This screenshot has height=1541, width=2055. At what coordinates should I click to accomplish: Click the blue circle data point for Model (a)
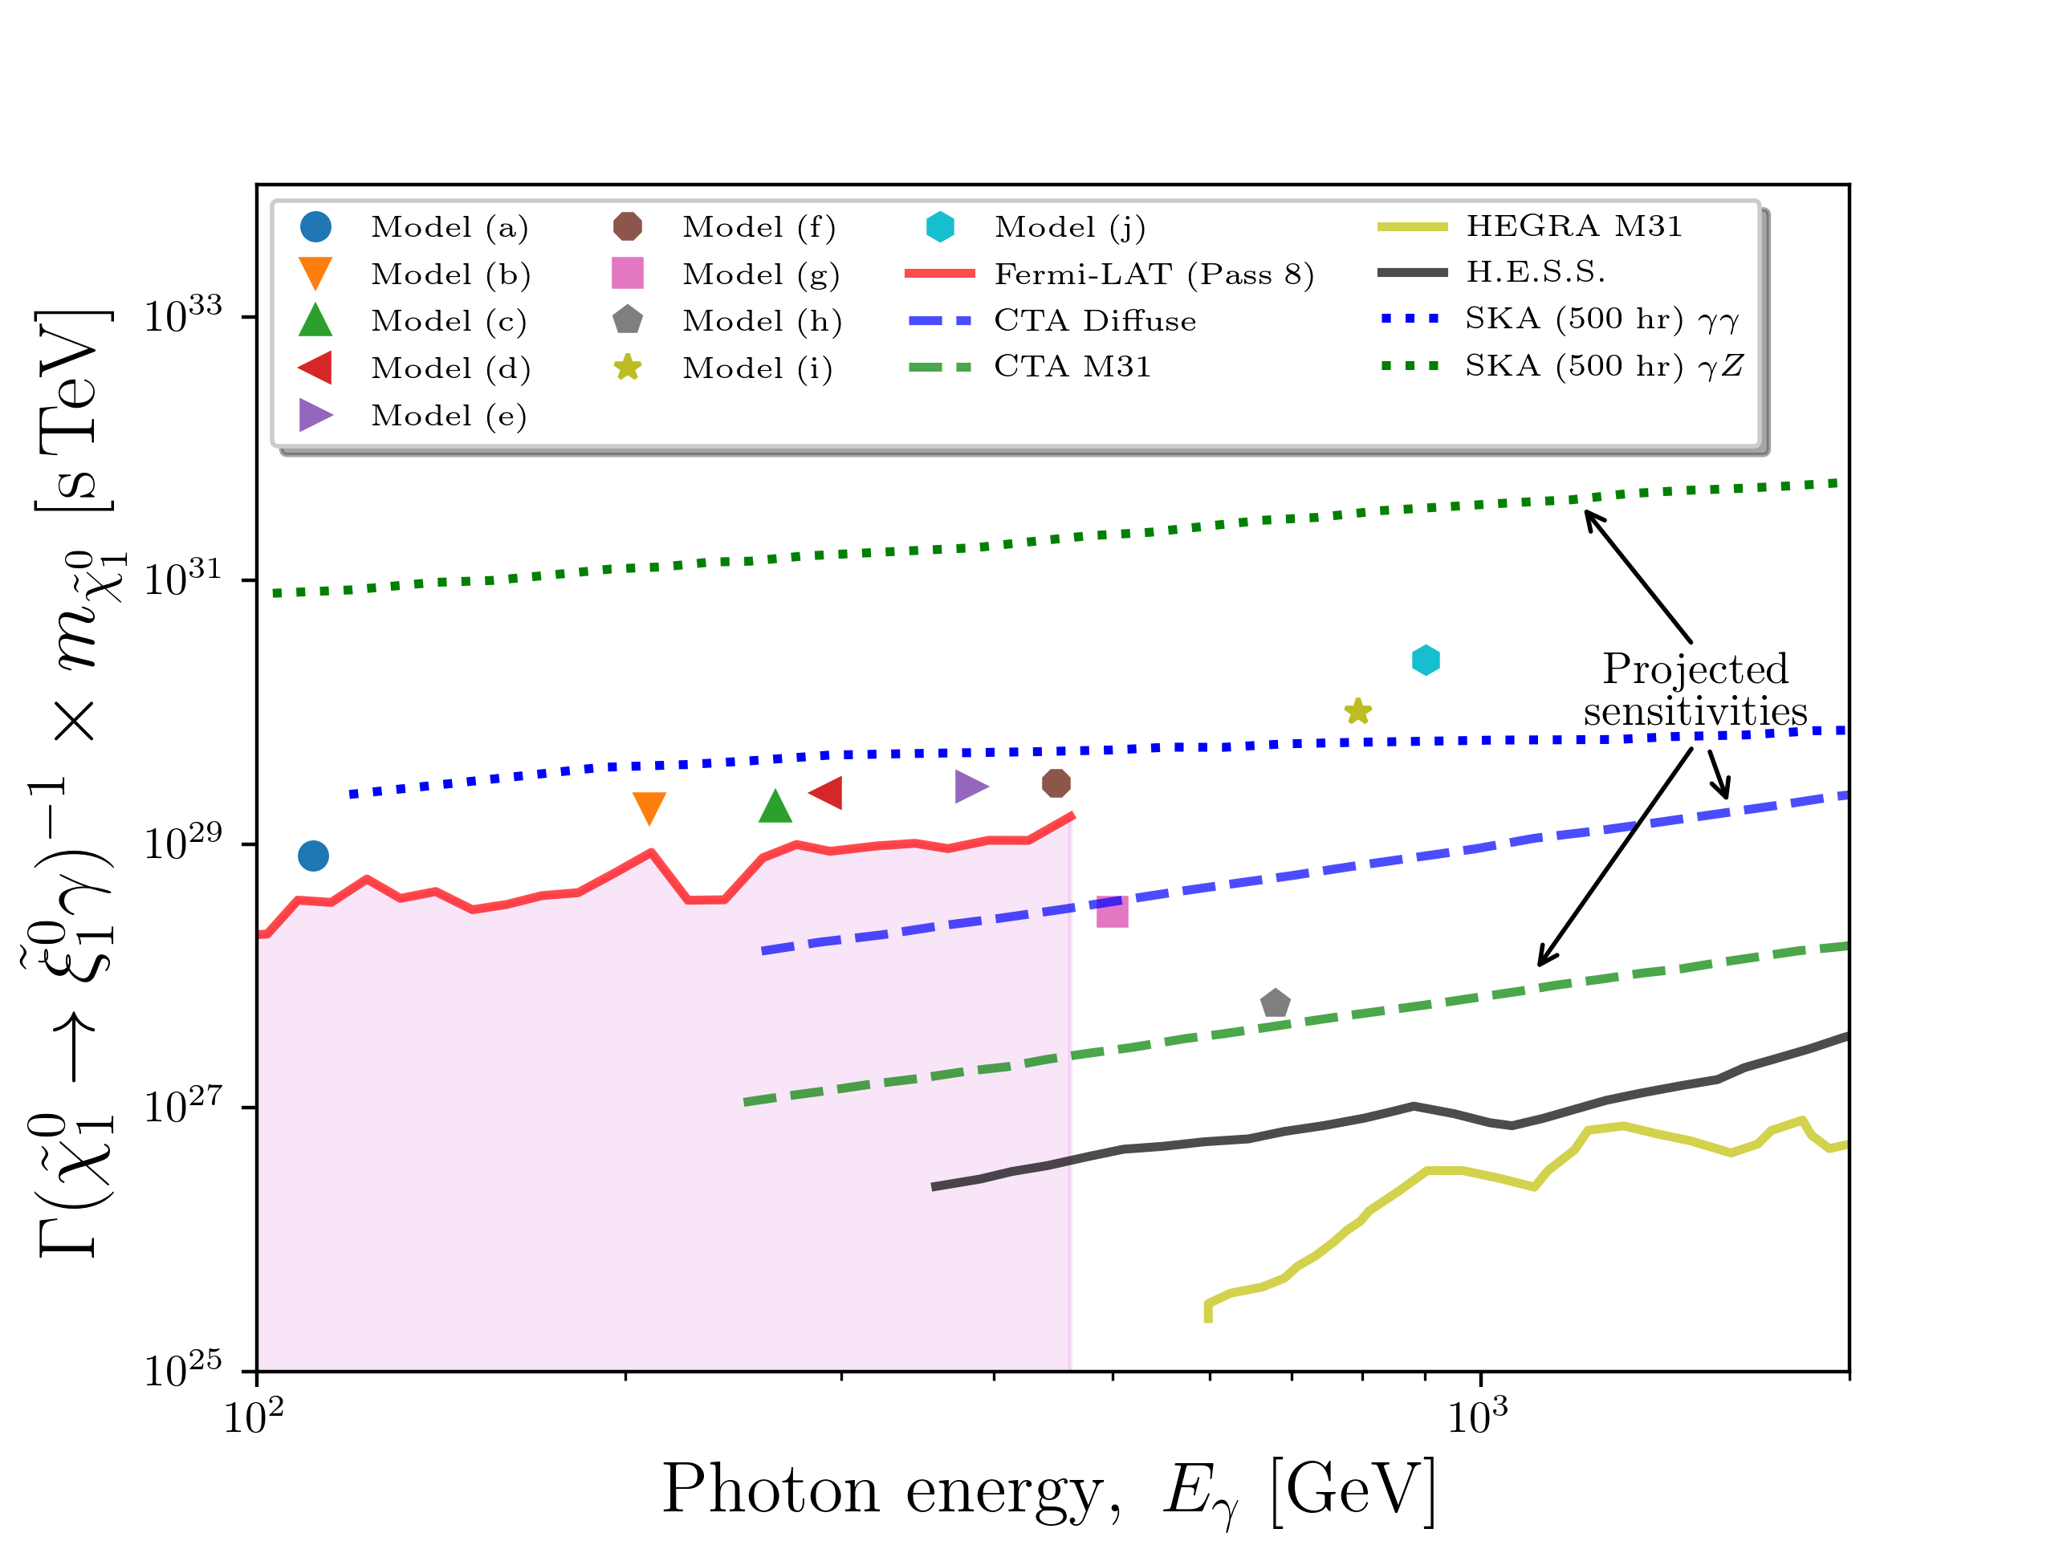click(x=313, y=856)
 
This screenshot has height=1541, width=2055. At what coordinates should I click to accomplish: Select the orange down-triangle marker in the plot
click(x=649, y=807)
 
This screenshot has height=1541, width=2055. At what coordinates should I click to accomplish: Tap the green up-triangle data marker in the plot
click(x=775, y=807)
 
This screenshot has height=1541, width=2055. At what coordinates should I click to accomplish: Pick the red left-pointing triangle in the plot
click(x=827, y=792)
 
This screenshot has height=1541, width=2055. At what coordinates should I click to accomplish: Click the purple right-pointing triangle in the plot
click(x=970, y=786)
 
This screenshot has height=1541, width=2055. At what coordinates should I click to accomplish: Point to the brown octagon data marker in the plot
click(x=1056, y=783)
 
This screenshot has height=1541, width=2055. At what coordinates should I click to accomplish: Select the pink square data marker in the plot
click(x=1112, y=911)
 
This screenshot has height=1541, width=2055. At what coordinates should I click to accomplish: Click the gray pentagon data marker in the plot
click(x=1276, y=1003)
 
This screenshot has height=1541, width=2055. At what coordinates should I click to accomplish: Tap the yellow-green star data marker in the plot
click(x=1358, y=712)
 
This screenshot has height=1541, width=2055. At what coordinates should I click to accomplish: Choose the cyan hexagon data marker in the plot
click(x=1425, y=661)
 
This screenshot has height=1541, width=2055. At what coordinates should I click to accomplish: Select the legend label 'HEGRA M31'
click(x=1574, y=226)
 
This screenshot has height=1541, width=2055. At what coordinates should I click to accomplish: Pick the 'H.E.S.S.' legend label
click(x=1536, y=271)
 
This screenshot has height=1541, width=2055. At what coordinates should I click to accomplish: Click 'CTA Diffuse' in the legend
click(x=1094, y=320)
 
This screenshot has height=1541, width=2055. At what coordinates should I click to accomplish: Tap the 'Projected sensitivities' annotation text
click(x=1695, y=690)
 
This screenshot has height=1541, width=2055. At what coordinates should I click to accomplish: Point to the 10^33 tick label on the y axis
click(x=183, y=315)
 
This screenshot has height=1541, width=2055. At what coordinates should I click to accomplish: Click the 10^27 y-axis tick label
click(x=183, y=1106)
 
